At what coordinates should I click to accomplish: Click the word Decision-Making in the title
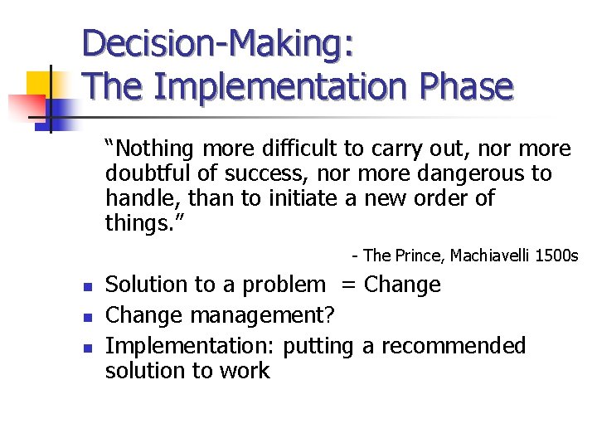219,44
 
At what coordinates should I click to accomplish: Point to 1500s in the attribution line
556,256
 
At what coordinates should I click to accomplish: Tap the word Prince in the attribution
420,256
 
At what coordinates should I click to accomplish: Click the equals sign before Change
349,285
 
